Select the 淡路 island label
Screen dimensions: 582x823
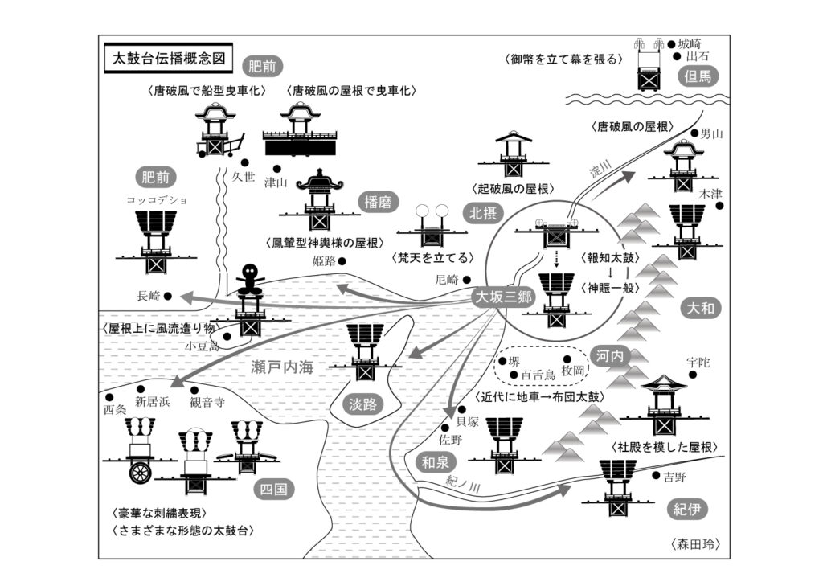point(364,404)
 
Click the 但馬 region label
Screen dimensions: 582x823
point(694,77)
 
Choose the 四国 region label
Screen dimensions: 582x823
point(273,489)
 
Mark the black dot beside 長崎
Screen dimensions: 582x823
point(169,296)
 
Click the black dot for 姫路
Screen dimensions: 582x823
point(342,260)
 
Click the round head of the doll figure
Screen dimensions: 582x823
point(252,273)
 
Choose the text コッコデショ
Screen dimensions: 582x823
point(156,199)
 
